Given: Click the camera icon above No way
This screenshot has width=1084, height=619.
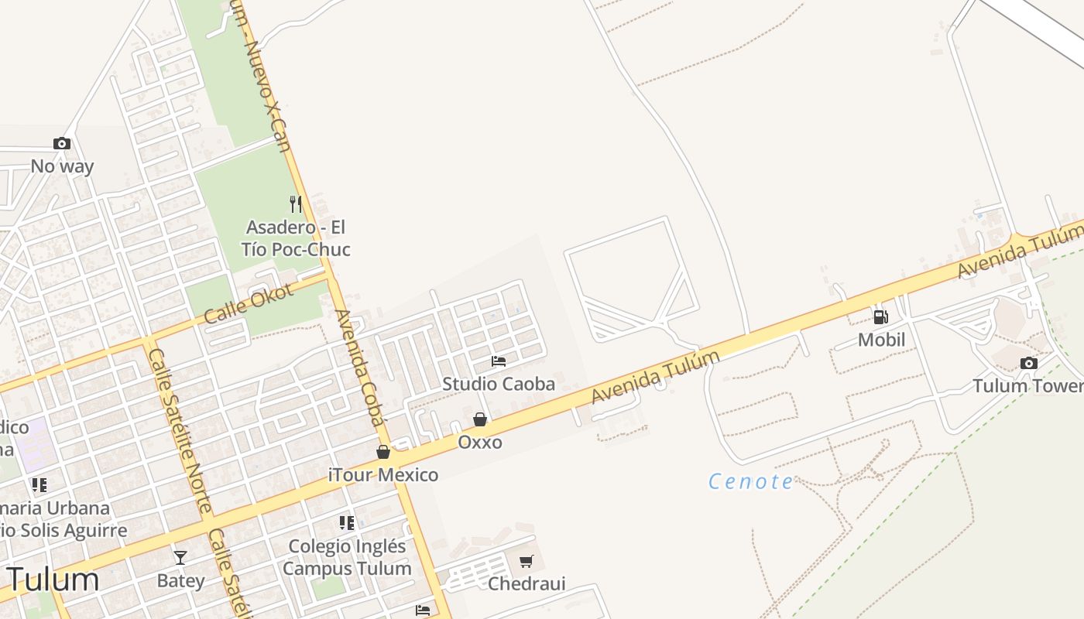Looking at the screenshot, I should [62, 144].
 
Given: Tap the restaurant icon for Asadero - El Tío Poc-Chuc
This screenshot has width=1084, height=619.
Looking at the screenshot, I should [295, 204].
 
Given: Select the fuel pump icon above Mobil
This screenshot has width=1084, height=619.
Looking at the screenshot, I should [880, 316].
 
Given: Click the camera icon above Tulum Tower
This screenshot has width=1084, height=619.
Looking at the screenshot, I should [1028, 363].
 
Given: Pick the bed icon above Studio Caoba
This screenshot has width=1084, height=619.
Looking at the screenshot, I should [499, 361].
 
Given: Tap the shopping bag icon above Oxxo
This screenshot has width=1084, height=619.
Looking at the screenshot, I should [480, 419].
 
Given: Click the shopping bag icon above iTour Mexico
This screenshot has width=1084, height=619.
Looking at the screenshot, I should [382, 452].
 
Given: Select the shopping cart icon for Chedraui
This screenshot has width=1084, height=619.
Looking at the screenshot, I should [527, 561].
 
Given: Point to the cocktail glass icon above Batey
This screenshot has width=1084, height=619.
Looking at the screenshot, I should [180, 557].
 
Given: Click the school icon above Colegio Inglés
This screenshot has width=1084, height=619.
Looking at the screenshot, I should [347, 523].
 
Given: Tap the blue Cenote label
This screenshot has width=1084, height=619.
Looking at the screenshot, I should [751, 482].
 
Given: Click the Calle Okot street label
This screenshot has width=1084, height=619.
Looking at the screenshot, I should [249, 303].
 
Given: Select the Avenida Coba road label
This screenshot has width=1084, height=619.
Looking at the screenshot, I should [359, 368].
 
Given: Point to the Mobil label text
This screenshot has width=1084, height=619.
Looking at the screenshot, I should [881, 340].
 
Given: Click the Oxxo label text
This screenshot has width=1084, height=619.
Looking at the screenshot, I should [480, 443].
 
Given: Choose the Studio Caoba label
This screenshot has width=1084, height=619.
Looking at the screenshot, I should [499, 384].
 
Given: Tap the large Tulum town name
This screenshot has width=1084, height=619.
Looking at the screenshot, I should [53, 580].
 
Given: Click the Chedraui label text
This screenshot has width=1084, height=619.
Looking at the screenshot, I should [527, 583].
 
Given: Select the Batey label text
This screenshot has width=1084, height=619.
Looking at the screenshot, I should [180, 581].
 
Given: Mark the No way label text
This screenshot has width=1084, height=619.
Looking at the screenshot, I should [62, 166].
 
